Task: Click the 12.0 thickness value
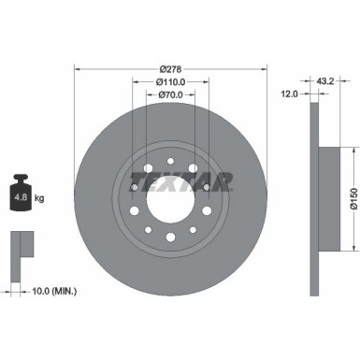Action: click(290, 94)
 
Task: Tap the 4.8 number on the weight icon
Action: click(18, 198)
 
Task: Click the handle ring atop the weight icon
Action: click(18, 179)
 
